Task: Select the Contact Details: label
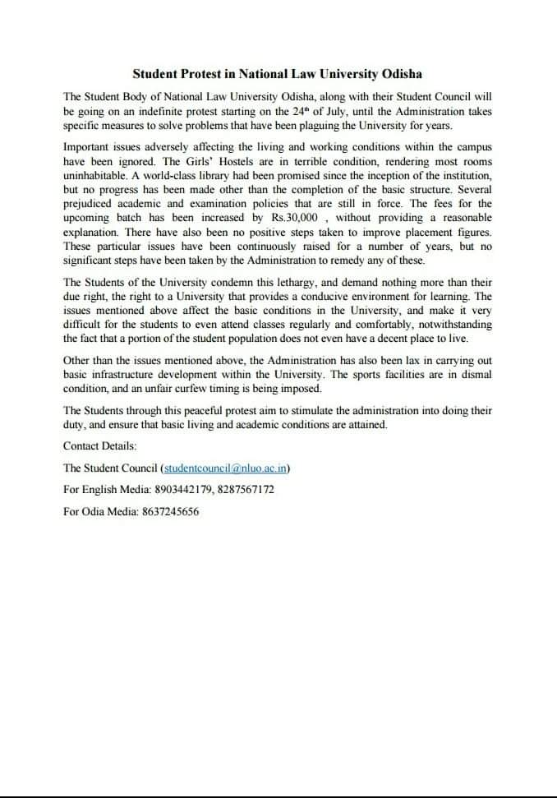[x=100, y=445]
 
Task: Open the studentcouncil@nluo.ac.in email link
[x=226, y=468]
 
